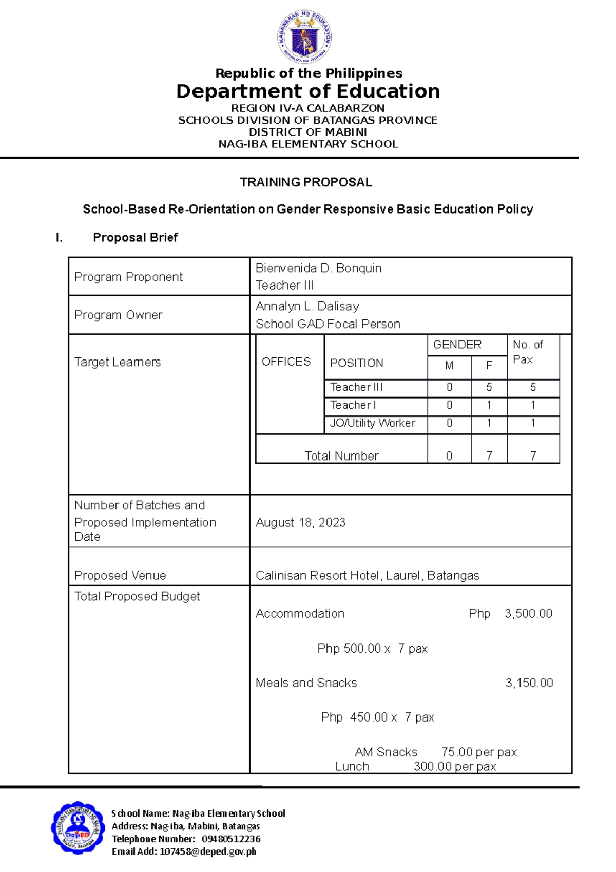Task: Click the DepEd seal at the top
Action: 305,36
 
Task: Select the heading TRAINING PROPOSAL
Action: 306,182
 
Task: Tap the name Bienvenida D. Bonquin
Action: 318,268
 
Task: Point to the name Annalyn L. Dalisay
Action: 307,306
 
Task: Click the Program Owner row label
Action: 119,315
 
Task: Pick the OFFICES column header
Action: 286,362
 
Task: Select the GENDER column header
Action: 457,345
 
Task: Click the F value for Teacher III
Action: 489,387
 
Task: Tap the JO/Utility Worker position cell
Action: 372,423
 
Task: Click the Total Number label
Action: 341,456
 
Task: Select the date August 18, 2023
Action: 300,522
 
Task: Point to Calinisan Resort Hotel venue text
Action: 367,575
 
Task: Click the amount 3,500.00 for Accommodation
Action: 528,613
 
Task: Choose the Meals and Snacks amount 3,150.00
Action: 529,683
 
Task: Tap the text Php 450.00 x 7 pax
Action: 377,717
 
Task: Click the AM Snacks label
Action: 386,752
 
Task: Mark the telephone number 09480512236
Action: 231,839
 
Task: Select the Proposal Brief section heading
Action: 135,237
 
